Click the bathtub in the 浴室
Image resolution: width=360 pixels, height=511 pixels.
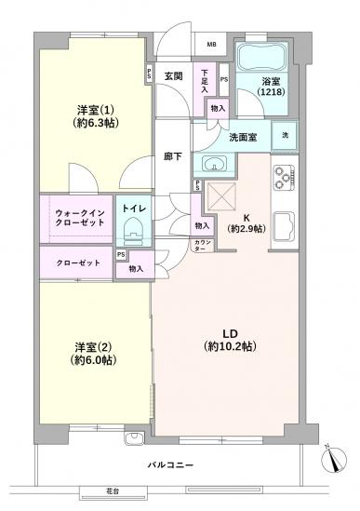click(263, 58)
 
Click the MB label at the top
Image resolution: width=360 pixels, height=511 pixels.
click(211, 45)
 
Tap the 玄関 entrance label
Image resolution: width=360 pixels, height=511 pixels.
click(175, 75)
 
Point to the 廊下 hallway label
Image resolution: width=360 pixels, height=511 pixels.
click(172, 157)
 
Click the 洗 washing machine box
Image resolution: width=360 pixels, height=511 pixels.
click(285, 136)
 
